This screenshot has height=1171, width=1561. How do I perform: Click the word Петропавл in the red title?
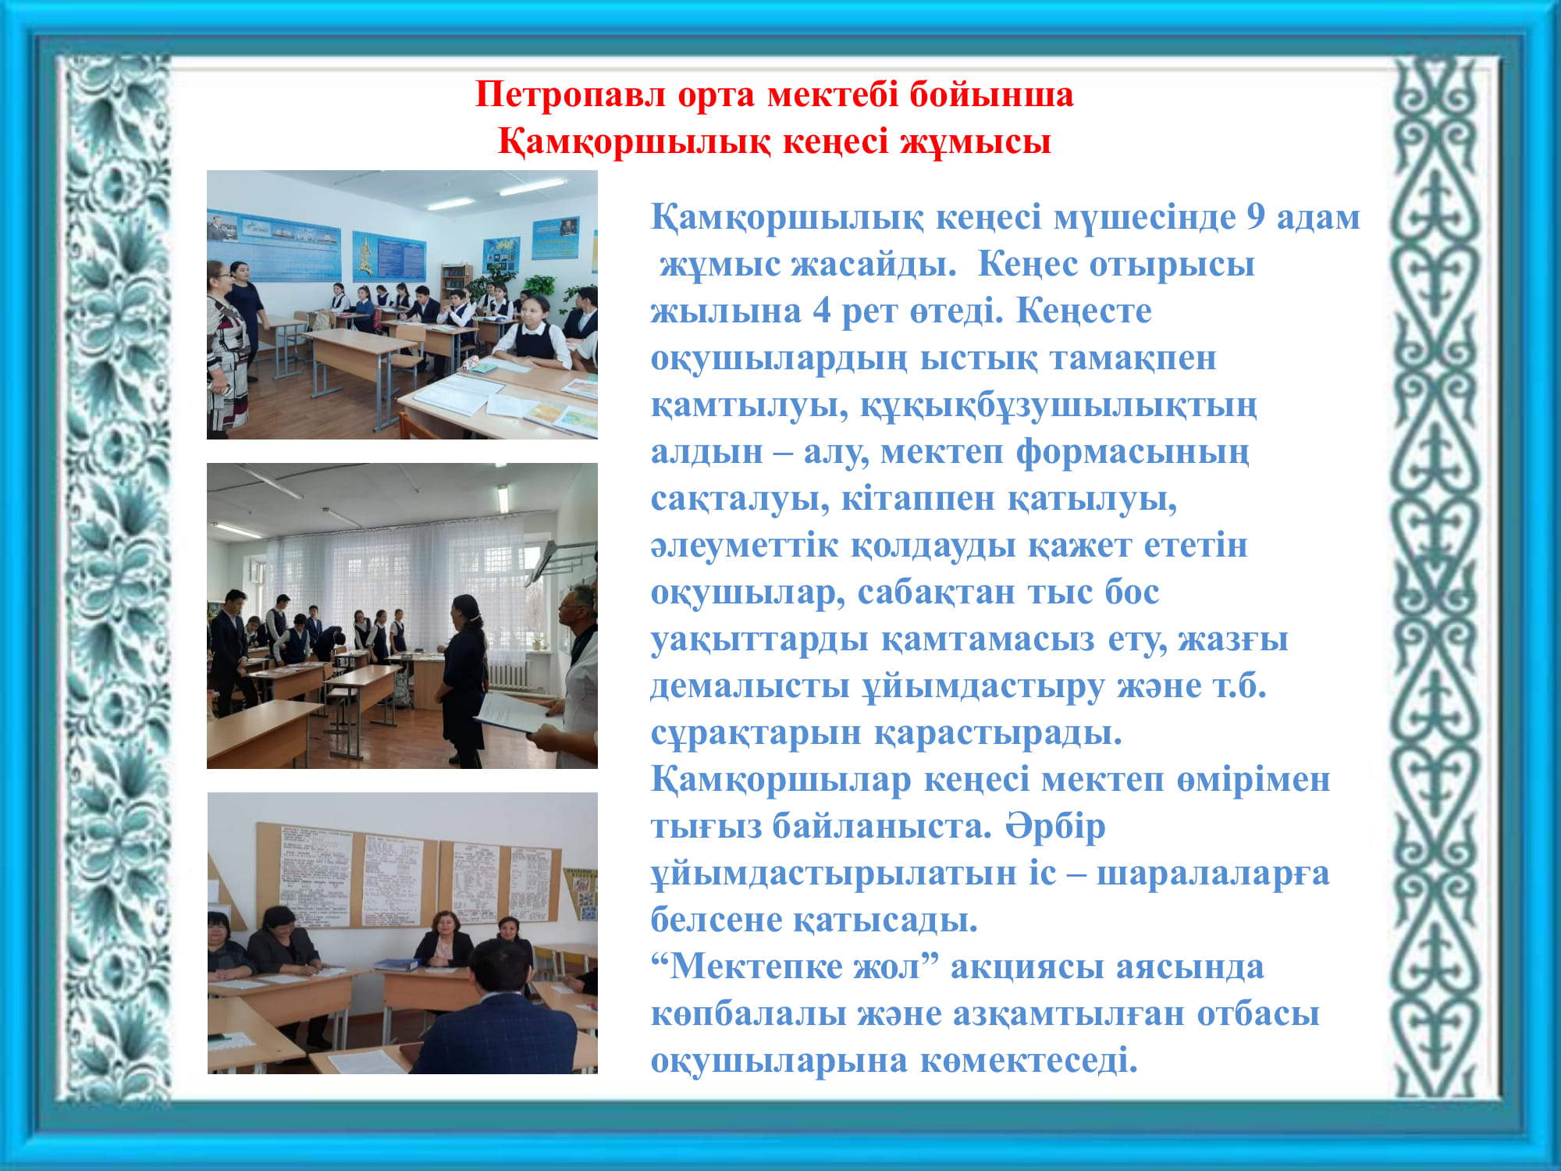click(571, 95)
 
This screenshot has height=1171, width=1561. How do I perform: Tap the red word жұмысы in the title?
click(975, 142)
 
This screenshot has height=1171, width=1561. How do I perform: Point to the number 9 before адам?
click(1255, 217)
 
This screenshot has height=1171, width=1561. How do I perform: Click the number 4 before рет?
click(821, 311)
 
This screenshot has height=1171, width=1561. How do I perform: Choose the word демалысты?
click(750, 686)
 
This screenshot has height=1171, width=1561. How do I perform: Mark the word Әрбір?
click(1055, 825)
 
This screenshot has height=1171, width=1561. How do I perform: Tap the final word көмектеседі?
click(1029, 1061)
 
